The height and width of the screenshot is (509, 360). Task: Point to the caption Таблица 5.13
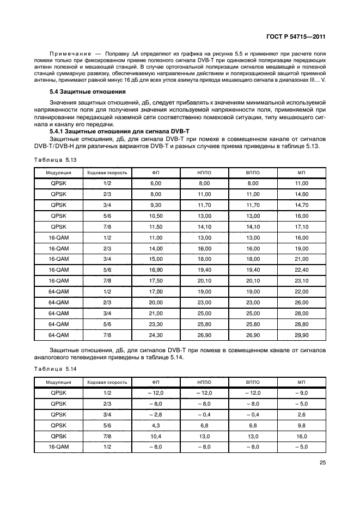point(55,160)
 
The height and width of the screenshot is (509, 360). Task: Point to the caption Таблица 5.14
point(55,370)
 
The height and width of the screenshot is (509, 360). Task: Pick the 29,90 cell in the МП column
point(301,335)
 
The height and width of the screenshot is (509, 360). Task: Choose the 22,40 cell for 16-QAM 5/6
point(301,270)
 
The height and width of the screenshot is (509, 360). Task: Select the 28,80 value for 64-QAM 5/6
point(301,324)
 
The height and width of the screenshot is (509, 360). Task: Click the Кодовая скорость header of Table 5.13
point(107,173)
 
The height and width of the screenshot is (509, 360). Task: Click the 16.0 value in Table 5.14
point(301,436)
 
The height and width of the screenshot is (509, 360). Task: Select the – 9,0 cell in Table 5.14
point(301,393)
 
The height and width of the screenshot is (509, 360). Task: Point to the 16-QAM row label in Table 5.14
point(58,447)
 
